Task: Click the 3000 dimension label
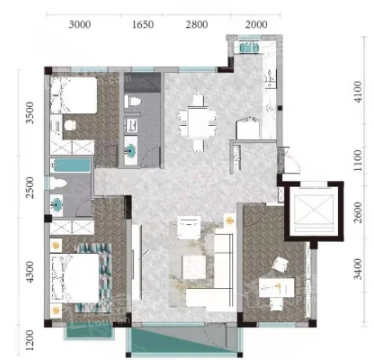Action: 80,25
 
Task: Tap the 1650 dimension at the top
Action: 143,25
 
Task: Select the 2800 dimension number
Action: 197,25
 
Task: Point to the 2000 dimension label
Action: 256,25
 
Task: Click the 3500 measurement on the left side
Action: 30,113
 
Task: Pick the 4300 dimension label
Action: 30,272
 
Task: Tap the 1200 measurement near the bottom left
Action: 30,340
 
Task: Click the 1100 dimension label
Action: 358,160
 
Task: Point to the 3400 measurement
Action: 358,269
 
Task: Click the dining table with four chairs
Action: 197,123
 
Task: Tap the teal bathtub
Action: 70,165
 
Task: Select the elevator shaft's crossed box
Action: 313,208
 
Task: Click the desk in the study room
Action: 277,287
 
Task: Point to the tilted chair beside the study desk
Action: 279,265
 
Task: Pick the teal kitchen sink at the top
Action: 249,47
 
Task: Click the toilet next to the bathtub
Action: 57,184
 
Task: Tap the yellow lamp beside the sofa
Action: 229,220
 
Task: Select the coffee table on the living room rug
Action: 194,267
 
